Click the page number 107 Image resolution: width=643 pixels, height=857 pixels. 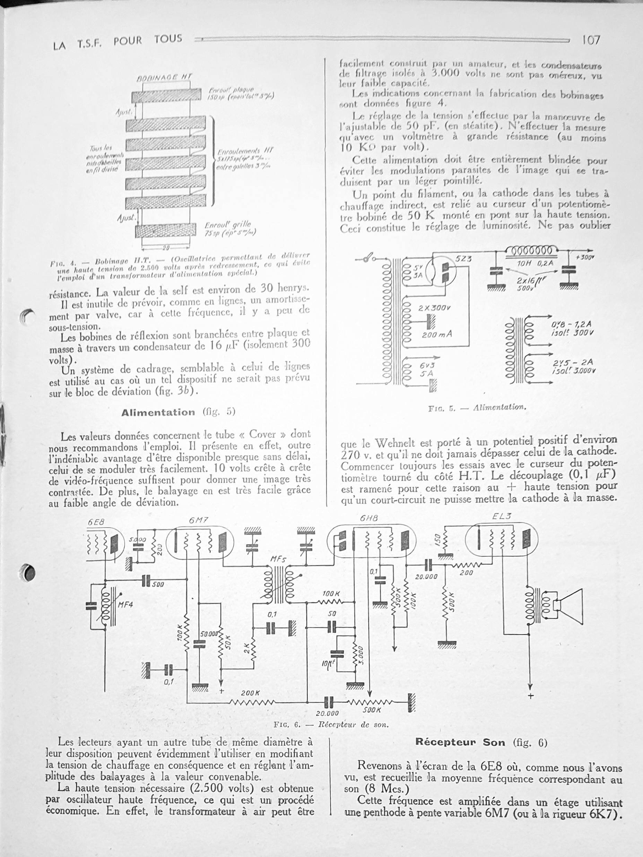tap(590, 40)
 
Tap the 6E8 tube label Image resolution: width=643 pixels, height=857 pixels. tap(96, 522)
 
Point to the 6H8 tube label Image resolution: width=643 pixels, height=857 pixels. tap(368, 518)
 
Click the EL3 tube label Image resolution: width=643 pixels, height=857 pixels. tap(502, 517)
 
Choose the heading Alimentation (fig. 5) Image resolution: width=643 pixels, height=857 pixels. tap(178, 412)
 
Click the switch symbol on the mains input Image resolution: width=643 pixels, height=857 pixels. tap(371, 258)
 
